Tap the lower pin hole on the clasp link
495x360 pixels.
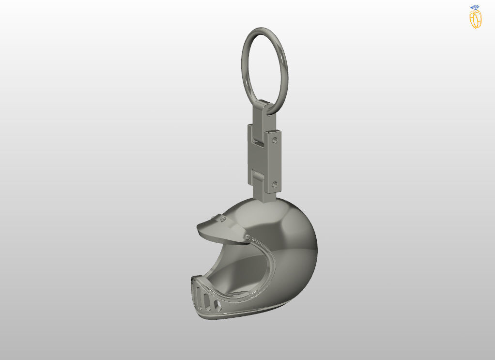click(275, 185)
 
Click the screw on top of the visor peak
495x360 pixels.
click(222, 219)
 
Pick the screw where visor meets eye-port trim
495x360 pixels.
click(247, 237)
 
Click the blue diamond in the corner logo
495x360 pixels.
click(475, 7)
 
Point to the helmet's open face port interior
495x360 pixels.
click(242, 271)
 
